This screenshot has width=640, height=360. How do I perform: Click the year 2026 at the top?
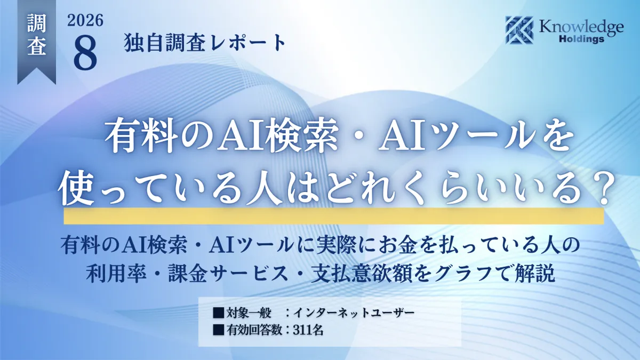pos(85,21)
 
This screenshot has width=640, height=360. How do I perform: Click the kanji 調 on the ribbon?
pos(37,23)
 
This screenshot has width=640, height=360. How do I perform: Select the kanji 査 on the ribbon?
pos(37,45)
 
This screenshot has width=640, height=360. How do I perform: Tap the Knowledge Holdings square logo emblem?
pos(519,30)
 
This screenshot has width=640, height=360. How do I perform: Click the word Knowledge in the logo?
pos(581,28)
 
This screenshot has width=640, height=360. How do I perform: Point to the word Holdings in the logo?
pos(581,39)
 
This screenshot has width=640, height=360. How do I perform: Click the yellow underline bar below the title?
pos(333,215)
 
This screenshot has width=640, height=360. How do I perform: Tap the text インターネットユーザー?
pos(354,313)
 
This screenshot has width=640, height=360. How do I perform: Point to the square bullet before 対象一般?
pos(218,313)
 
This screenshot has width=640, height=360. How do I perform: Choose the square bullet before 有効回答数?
pos(218,330)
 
